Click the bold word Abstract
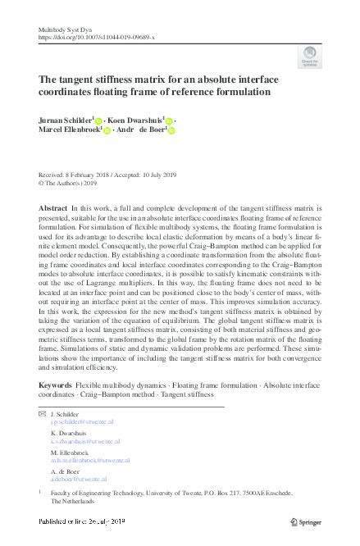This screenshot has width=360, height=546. click(x=53, y=210)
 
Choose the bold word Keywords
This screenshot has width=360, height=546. click(x=55, y=385)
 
